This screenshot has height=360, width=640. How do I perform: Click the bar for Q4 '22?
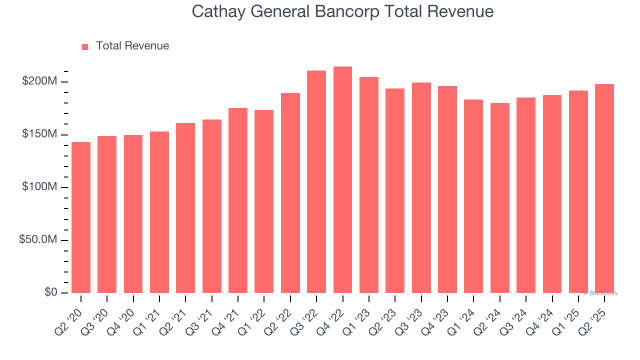coord(342,180)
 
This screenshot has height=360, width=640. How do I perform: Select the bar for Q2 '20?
coord(81,217)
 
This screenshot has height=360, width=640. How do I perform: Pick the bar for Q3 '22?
coord(316,182)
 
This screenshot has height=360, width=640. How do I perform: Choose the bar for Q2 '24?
coord(499,198)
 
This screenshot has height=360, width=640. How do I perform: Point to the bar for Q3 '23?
coord(421,188)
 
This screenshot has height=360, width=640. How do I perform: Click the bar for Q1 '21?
coord(159,212)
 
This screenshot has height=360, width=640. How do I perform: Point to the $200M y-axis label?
coord(39,81)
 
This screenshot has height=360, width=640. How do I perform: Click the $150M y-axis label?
coord(39,134)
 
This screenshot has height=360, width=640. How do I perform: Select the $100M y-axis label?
coord(39,187)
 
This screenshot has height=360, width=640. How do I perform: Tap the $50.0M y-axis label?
coord(38,240)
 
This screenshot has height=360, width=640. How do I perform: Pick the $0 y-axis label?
coord(50,292)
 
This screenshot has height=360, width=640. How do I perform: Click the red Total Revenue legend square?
coord(85,46)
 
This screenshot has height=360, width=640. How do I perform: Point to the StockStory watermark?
coord(600,293)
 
